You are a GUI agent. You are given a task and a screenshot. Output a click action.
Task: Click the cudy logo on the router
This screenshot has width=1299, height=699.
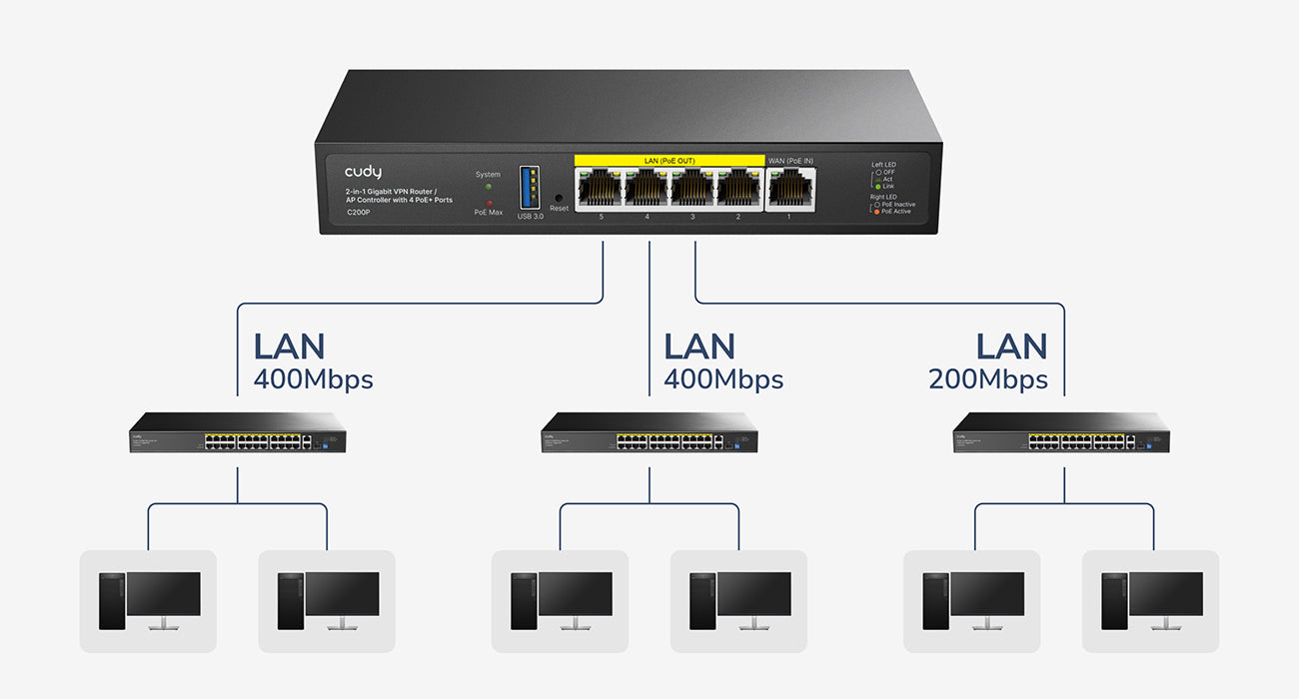pos(363,173)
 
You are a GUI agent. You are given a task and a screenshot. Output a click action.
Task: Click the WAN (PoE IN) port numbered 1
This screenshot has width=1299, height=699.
pos(790,187)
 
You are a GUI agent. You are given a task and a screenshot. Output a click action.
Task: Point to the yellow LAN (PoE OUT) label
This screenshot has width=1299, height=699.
pos(668,160)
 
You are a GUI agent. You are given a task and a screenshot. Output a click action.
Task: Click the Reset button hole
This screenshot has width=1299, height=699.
pos(559,197)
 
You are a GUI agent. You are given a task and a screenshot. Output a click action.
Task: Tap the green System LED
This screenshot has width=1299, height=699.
pos(488,187)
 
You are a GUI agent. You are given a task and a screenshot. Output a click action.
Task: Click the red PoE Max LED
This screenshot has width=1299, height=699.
pos(489,203)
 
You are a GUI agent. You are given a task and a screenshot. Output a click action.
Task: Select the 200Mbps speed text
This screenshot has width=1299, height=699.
pos(987,379)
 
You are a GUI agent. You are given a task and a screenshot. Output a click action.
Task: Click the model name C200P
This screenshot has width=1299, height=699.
pos(358,212)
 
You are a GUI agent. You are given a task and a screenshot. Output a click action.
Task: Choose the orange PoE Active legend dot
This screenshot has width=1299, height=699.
pos(876,212)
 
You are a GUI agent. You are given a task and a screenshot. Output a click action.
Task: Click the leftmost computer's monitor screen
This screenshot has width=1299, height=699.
pos(164,593)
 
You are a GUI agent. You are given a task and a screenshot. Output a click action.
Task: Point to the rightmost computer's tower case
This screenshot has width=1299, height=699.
pos(1112,600)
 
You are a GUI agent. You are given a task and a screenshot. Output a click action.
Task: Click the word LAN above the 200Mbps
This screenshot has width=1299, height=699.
pos(1011,347)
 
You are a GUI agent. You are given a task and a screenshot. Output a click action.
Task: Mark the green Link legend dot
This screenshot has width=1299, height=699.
pos(877,187)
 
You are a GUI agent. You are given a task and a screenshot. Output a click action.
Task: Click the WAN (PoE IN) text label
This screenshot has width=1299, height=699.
pos(790,160)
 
